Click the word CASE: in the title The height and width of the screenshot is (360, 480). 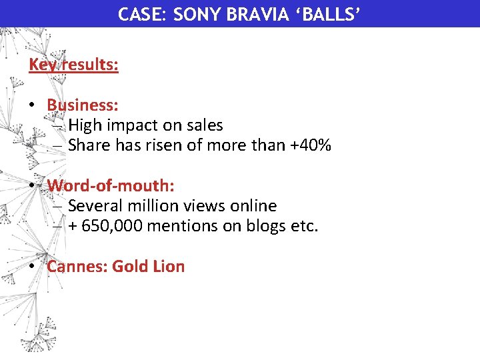(142, 14)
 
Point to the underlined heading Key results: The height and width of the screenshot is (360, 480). (73, 65)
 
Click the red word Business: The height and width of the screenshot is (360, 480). (83, 105)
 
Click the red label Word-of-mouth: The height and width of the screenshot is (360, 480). (111, 186)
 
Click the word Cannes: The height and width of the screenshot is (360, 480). (77, 267)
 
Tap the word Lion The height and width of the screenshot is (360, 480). (168, 267)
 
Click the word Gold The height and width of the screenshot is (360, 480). (130, 267)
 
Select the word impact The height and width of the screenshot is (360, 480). (139, 125)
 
